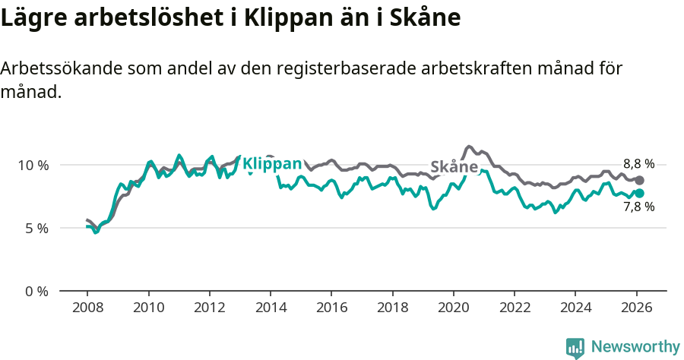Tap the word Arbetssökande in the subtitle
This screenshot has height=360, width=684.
[x=62, y=68]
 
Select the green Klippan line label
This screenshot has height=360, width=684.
[x=272, y=164]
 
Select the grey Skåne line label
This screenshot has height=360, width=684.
[x=454, y=167]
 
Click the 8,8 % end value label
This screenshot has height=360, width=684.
[x=638, y=164]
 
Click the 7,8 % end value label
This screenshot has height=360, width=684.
[x=638, y=207]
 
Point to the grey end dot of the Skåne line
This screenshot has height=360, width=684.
[x=640, y=180]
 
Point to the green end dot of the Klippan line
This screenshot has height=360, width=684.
[x=640, y=193]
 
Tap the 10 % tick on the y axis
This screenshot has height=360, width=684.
[x=33, y=165]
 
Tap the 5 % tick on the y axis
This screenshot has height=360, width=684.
[x=36, y=228]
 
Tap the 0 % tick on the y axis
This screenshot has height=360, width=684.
[x=36, y=291]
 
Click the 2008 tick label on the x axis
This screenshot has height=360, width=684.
[x=87, y=308]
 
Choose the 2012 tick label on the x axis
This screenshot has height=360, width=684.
[x=209, y=308]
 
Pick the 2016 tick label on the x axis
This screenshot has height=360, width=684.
[x=331, y=308]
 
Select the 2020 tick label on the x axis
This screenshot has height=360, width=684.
[x=453, y=308]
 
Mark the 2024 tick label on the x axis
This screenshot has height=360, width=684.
[x=575, y=308]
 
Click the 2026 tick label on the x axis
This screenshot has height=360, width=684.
[x=635, y=308]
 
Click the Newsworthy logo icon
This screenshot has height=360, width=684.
[x=575, y=347]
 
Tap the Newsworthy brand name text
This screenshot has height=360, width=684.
[x=635, y=347]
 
